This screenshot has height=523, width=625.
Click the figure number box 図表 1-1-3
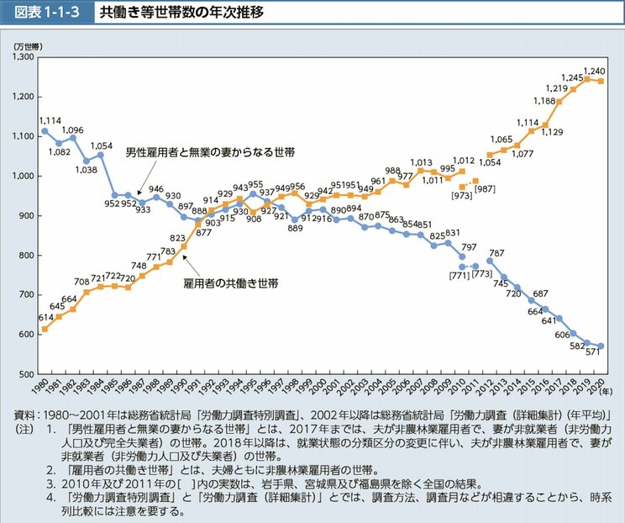[45, 13]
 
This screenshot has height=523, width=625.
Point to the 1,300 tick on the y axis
[22, 57]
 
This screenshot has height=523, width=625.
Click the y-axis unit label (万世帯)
[28, 45]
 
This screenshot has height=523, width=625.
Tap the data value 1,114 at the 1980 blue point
[51, 121]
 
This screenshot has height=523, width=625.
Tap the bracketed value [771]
[459, 275]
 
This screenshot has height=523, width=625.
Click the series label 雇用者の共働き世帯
[232, 284]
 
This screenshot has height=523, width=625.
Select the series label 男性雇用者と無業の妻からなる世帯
[212, 152]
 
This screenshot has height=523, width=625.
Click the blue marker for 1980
[45, 131]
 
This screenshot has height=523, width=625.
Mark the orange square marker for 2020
[601, 81]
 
